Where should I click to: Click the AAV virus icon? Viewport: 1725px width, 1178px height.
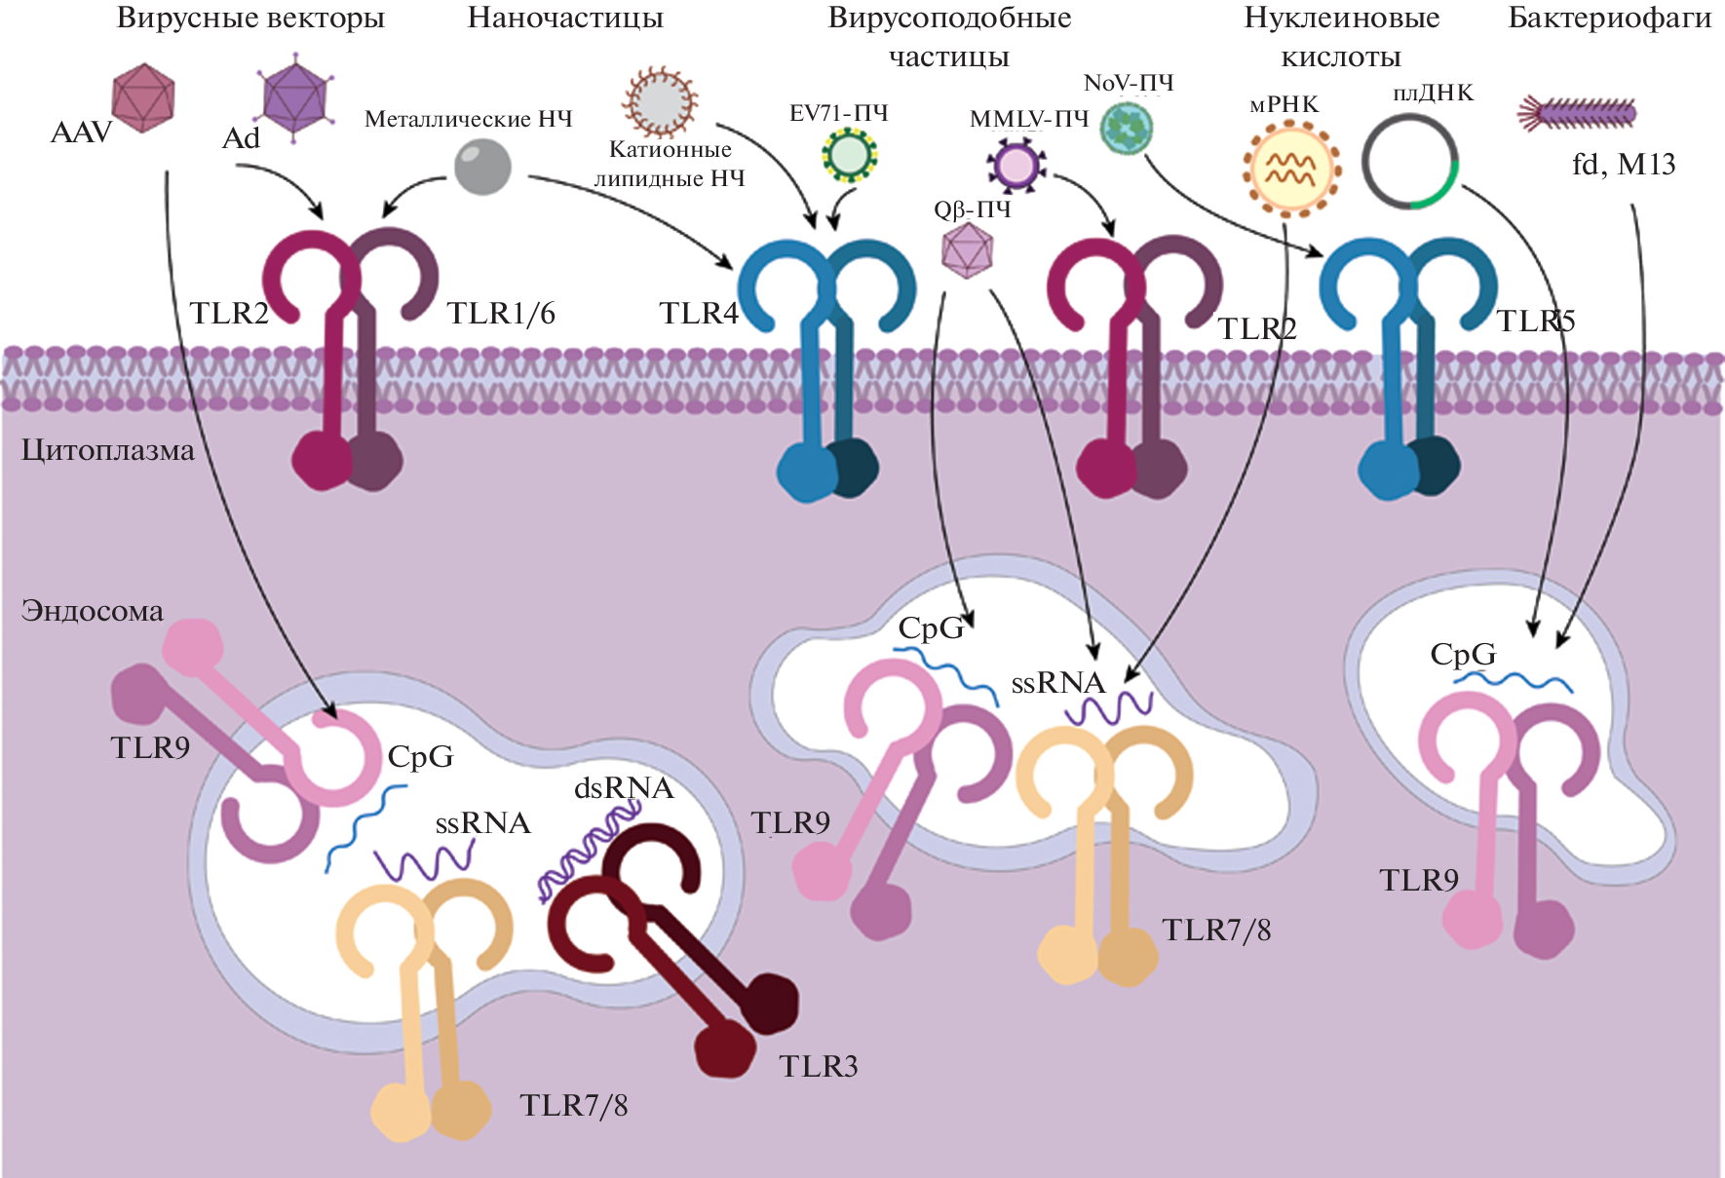coord(143,97)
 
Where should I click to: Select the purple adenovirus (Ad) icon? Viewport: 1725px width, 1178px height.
coord(294,99)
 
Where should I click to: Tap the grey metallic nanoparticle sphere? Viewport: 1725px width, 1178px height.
coord(483,167)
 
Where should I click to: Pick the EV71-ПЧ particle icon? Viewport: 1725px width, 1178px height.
coord(850,156)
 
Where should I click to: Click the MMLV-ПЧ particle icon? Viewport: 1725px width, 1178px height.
coord(1016,166)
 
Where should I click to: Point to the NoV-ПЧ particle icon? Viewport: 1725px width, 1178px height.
coord(1128,129)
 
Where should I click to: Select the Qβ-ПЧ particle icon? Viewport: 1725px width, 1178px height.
coord(967,250)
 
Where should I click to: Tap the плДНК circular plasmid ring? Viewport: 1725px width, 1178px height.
coord(1409,163)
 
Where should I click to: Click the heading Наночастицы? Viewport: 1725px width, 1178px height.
coord(565,18)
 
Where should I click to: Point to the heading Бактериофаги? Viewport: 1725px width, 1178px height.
coord(1609,18)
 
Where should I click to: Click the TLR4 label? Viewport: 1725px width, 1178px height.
coord(699,313)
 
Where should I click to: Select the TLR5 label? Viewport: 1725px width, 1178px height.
coord(1535,321)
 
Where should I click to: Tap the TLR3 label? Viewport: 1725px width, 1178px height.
coord(819,1066)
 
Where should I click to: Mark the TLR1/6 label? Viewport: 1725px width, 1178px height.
coord(501,313)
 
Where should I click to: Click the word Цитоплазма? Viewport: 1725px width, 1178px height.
coord(108,450)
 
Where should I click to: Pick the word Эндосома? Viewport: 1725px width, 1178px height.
coord(93,611)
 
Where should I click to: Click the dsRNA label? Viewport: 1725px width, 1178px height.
coord(624,787)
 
